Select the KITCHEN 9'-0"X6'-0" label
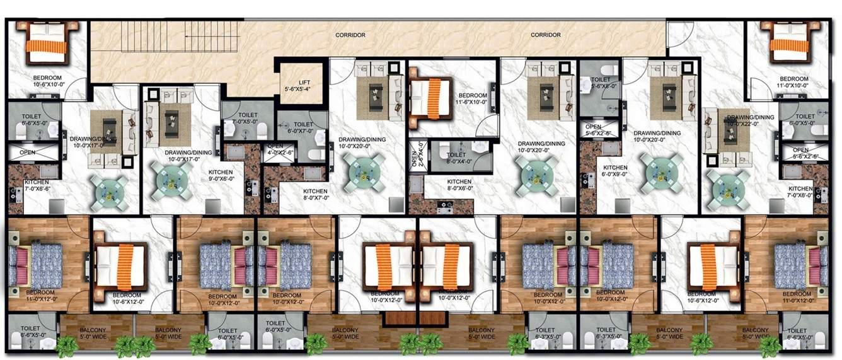pyautogui.click(x=221, y=176)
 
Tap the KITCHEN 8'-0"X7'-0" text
pyautogui.click(x=316, y=195)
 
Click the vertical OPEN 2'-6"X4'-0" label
pyautogui.click(x=415, y=156)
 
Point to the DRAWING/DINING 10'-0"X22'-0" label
pyautogui.click(x=750, y=121)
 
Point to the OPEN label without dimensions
pyautogui.click(x=27, y=153)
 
